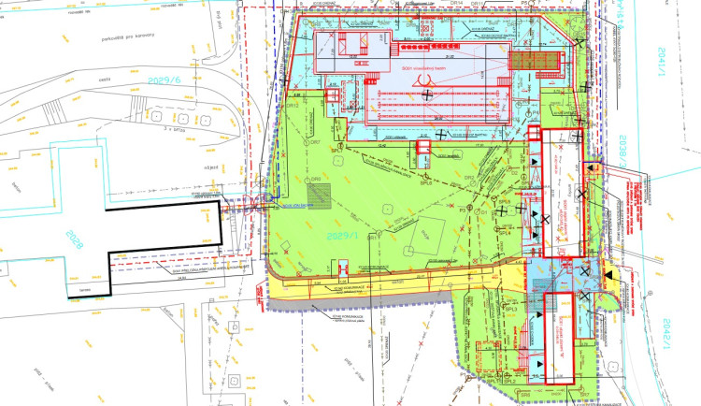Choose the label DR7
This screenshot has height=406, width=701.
pyautogui.click(x=317, y=178)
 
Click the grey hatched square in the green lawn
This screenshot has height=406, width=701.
pyautogui.click(x=322, y=196)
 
